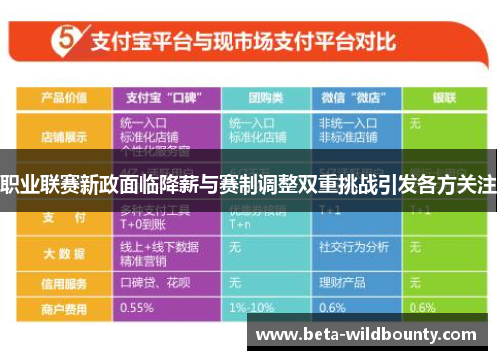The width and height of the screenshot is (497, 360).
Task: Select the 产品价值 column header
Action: (64, 97)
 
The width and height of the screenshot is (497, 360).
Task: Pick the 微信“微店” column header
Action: (352, 97)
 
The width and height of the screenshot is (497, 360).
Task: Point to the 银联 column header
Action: (442, 97)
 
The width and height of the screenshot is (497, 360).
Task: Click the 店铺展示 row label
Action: (64, 135)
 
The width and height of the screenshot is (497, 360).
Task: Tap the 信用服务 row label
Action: (64, 282)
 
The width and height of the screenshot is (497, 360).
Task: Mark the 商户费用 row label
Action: (64, 307)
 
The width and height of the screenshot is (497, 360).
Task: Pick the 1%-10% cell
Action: (250, 307)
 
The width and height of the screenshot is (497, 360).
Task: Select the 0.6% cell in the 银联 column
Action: (423, 307)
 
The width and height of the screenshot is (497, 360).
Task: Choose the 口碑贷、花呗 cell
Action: (154, 282)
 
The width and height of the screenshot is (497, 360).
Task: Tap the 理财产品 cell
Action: (339, 282)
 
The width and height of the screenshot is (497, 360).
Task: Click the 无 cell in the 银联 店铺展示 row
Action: (415, 124)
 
